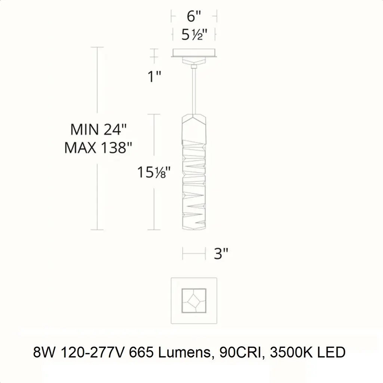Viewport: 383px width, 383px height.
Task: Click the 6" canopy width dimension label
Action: point(194,16)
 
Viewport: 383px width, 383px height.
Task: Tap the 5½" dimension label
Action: point(194,34)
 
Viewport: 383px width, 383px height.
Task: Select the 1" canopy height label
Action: point(154,76)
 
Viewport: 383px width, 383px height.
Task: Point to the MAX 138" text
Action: point(98,147)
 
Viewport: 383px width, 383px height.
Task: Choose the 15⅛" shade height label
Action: point(154,172)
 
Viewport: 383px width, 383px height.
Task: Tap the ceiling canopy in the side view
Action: point(194,53)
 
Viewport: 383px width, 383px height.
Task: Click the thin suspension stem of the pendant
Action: point(194,91)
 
